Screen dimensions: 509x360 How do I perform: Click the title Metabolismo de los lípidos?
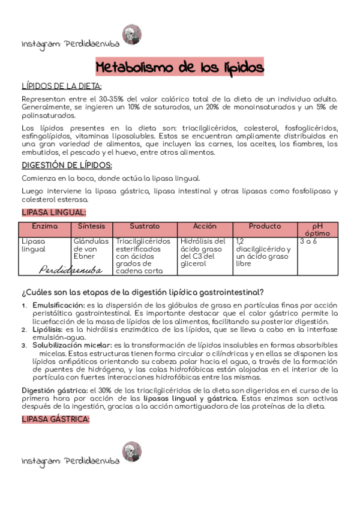click(x=179, y=66)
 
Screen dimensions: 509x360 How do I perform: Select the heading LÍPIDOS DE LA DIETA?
click(x=62, y=86)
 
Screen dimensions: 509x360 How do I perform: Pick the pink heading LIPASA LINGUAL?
click(x=54, y=212)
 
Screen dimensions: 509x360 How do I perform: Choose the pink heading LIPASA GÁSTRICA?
click(x=55, y=419)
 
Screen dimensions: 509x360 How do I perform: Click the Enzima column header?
click(x=46, y=226)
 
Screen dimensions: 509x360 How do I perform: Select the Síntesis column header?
click(x=92, y=226)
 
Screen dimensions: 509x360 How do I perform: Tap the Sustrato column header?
click(x=145, y=226)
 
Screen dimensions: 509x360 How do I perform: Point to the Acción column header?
click(x=205, y=226)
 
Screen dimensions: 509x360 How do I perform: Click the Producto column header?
click(x=265, y=226)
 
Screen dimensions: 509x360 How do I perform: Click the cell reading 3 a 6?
click(x=308, y=241)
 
